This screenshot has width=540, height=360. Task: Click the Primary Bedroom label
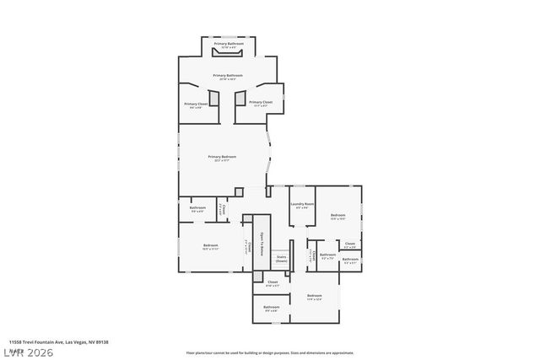point(223,157)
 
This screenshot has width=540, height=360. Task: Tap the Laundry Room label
point(302,204)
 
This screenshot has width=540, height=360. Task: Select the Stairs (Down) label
point(281,259)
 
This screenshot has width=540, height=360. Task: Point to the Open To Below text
point(262,244)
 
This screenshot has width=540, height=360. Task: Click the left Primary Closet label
point(195,105)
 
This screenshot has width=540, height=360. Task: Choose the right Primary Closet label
point(261,102)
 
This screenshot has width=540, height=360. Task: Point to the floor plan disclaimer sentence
point(270,353)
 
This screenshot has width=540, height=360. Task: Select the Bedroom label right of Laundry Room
point(337,216)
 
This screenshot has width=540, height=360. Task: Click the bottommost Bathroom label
point(271,307)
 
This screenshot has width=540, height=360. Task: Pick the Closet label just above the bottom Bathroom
point(273,282)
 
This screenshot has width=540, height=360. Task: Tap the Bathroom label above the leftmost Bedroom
point(197,208)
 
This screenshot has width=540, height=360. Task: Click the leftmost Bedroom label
point(210,246)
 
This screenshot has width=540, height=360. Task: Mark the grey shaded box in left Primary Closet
point(214,99)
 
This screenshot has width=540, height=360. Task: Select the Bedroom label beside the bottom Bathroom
point(314,296)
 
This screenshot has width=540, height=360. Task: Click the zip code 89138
point(101,342)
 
